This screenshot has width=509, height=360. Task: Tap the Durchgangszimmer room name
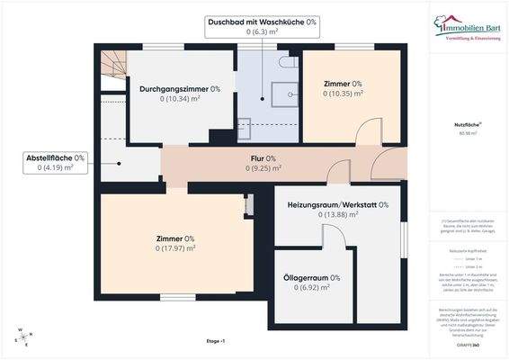pos(180,89)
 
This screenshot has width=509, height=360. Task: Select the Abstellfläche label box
pos(54,162)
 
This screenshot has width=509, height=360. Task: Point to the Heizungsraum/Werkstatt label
pos(337,205)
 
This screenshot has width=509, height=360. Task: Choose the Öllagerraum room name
pos(311,278)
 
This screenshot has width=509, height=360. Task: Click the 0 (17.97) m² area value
pos(176,248)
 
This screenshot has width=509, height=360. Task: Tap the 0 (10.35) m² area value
pos(344,93)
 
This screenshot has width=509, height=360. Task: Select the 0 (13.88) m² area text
pos(338,215)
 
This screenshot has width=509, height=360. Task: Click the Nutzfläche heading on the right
pos(466,126)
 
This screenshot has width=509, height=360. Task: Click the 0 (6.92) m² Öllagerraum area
pos(311,288)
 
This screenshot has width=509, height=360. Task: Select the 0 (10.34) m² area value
pos(180,99)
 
